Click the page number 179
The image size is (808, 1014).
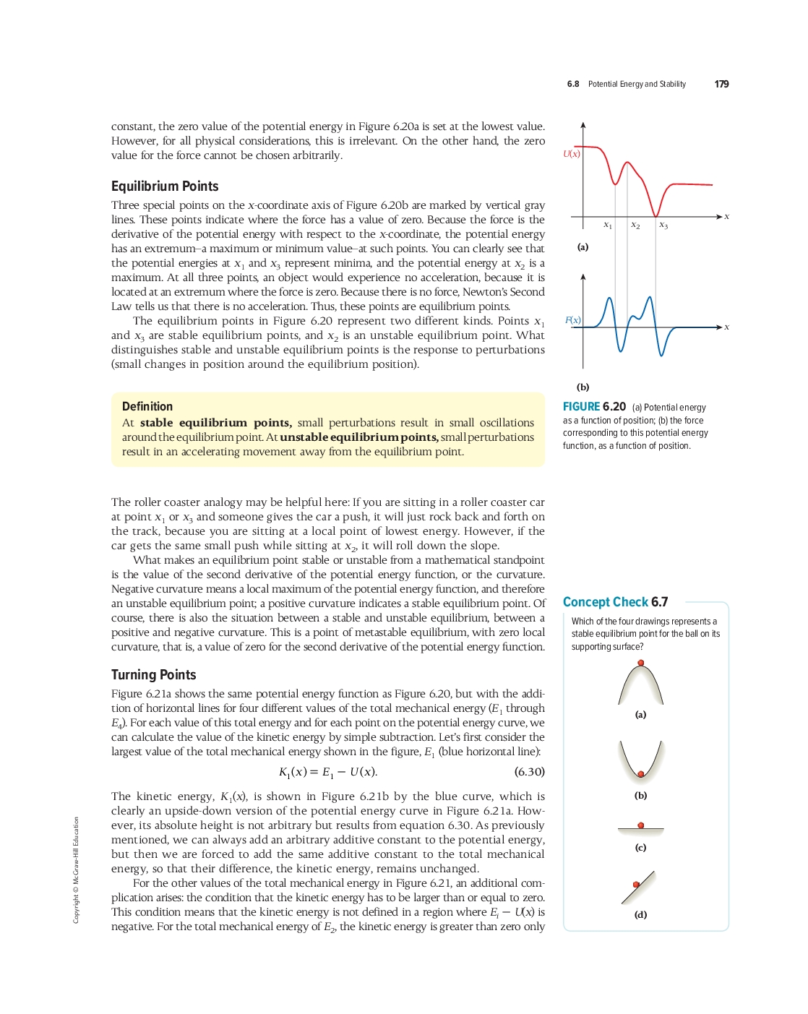click(x=721, y=84)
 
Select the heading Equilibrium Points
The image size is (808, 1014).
click(x=165, y=186)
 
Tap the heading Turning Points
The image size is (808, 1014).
click(x=153, y=675)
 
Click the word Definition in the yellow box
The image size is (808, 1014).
click(x=147, y=407)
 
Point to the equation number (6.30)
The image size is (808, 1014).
click(x=529, y=772)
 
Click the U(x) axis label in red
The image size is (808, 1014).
click(x=572, y=154)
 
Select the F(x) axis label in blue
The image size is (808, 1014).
click(x=573, y=320)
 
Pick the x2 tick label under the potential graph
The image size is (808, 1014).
click(x=635, y=225)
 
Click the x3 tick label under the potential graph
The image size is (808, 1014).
click(x=663, y=225)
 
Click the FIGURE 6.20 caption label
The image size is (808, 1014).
click(x=594, y=407)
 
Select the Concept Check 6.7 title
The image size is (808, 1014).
click(x=615, y=602)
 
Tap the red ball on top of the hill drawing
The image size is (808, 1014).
click(x=641, y=663)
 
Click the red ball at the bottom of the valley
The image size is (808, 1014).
click(x=641, y=774)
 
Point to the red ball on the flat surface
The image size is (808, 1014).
click(x=641, y=825)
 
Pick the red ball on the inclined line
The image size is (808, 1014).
click(x=636, y=885)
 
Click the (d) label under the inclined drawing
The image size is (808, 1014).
click(x=641, y=914)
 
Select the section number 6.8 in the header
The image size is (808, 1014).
click(x=573, y=85)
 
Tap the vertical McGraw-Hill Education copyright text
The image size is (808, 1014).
click(x=76, y=869)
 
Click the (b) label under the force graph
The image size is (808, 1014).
click(x=583, y=387)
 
